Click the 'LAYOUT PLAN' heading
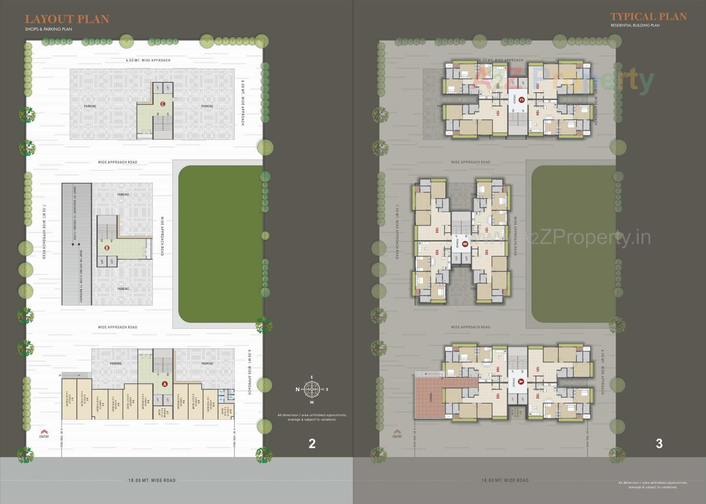pyautogui.click(x=67, y=19)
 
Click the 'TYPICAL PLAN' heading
pyautogui.click(x=648, y=17)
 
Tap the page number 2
pyautogui.click(x=312, y=444)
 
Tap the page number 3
pyautogui.click(x=659, y=444)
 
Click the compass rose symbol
pyautogui.click(x=312, y=389)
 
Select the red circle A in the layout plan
pyautogui.click(x=165, y=384)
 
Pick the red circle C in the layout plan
pyautogui.click(x=163, y=104)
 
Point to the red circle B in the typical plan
pyautogui.click(x=465, y=244)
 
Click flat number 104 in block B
pyautogui.click(x=437, y=230)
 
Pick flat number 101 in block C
pyautogui.click(x=498, y=113)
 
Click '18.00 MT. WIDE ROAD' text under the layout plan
pyautogui.click(x=152, y=480)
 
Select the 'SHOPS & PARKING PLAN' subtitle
pyautogui.click(x=49, y=29)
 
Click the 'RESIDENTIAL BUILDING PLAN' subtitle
pyautogui.click(x=635, y=25)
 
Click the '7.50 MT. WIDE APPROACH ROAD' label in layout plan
pyautogui.click(x=44, y=232)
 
